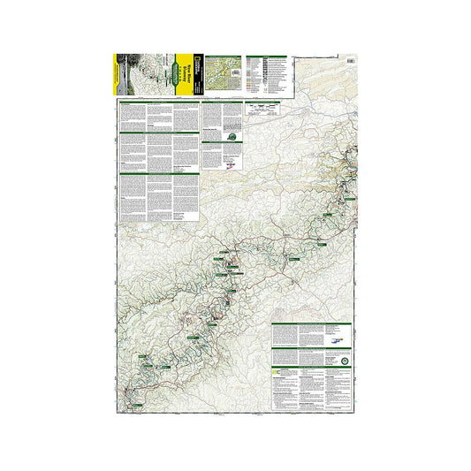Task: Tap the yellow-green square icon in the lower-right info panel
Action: (277, 372)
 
